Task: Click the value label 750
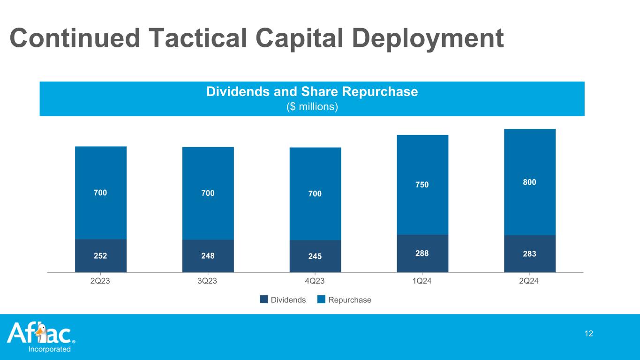[x=422, y=184]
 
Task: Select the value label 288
[x=422, y=253]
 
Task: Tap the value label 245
[x=315, y=256]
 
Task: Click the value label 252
[x=101, y=255]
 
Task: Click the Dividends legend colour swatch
[x=264, y=300]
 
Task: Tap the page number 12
[x=589, y=333]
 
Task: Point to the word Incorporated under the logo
[x=50, y=349]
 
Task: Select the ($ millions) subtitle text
[x=312, y=107]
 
